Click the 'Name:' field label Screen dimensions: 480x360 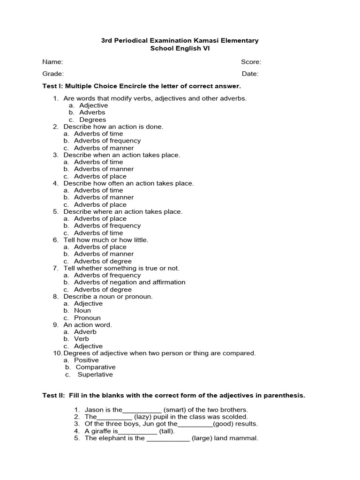(x=52, y=62)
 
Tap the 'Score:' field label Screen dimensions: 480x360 (x=251, y=62)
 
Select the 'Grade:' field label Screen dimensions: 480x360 (x=53, y=74)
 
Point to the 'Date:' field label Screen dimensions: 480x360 (x=250, y=74)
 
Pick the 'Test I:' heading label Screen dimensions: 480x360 (x=53, y=86)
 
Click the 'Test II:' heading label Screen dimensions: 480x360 (x=54, y=396)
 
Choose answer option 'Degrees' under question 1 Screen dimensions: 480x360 (x=92, y=120)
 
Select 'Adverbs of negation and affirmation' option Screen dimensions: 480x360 (x=129, y=282)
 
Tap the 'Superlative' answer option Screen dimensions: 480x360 (x=95, y=375)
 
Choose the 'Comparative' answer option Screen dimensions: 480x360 (x=95, y=367)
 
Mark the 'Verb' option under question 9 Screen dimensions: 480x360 (x=81, y=339)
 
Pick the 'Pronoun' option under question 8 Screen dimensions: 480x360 (x=87, y=318)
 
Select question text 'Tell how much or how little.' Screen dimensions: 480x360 (x=106, y=240)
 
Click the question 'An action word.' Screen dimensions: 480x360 (x=88, y=325)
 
